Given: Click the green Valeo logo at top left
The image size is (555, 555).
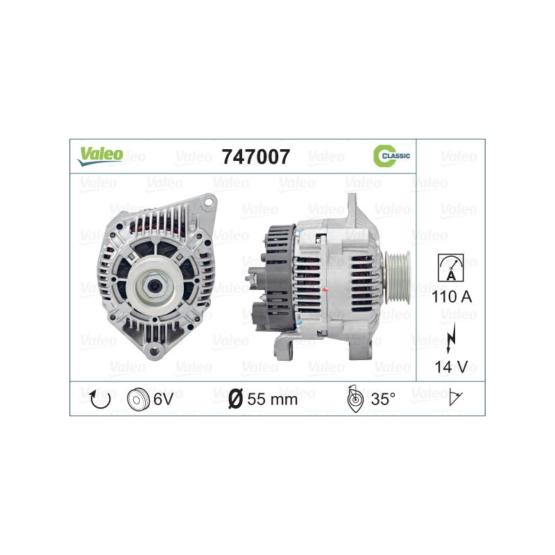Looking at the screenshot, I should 100,156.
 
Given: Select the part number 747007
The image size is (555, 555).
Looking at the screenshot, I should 255,157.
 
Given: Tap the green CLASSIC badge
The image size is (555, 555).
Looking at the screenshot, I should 391,157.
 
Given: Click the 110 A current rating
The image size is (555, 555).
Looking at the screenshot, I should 451,298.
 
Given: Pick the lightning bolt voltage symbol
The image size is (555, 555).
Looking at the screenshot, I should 451,338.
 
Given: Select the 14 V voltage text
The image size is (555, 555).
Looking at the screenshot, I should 451,366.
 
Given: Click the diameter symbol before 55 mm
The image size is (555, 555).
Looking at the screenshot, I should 234,398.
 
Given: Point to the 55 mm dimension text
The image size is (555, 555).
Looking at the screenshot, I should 272,398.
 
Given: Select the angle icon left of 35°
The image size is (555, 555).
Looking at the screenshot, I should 354,398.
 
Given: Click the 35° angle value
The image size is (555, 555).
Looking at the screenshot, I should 383,398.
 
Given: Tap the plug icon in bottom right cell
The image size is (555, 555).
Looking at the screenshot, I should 456,398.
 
